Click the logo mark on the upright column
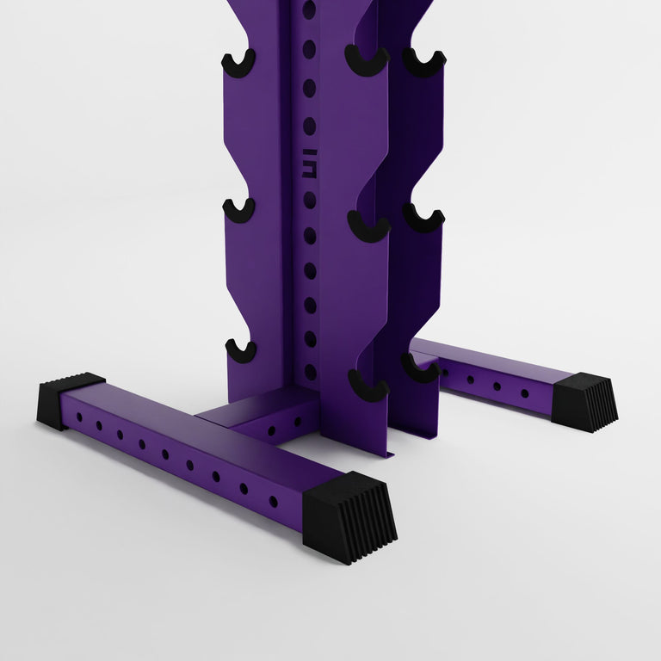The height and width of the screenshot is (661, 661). pos(310,163)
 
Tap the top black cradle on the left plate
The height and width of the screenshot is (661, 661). pos(238,62)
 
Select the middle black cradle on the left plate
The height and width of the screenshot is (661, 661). pos(239,209)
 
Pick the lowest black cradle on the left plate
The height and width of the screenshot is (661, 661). pos(241,350)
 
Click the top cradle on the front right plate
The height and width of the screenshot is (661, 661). pos(368,60)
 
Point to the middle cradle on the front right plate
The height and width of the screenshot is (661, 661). pos(369,225)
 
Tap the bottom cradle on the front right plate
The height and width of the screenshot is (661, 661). pos(368,385)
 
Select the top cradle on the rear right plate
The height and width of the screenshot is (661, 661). pos(424,63)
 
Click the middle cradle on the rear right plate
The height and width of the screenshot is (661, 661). pos(423,218)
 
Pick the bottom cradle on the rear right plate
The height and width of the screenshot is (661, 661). pos(420,368)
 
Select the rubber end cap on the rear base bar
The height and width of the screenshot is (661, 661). pos(585,401)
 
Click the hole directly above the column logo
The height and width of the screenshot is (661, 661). pos(310,126)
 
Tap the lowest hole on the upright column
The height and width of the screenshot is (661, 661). pos(310,373)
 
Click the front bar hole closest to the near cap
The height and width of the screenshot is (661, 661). pos(273,502)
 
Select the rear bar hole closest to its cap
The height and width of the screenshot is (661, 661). pos(524,393)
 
